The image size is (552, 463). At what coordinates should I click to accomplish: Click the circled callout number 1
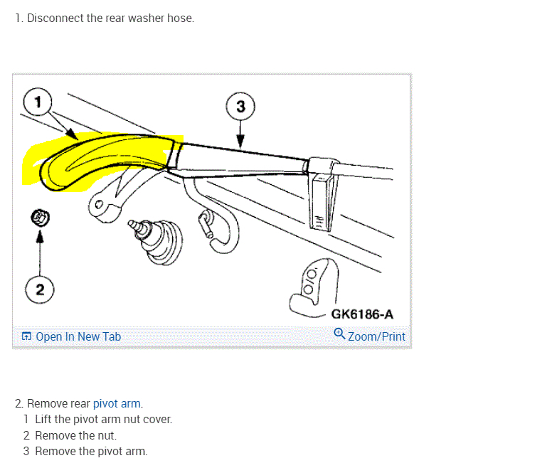click(38, 102)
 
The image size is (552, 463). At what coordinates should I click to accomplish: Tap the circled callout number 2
click(40, 289)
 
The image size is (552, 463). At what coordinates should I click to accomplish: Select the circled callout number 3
click(240, 107)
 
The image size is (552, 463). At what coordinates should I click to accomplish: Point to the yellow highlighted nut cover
click(100, 160)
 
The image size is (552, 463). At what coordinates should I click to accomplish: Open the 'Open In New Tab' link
click(78, 336)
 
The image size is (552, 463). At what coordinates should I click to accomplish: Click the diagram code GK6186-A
click(362, 314)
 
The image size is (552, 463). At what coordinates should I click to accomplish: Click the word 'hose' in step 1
click(180, 18)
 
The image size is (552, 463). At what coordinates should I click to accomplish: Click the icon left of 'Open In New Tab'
click(26, 336)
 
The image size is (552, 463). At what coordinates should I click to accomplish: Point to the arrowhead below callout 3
click(240, 142)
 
